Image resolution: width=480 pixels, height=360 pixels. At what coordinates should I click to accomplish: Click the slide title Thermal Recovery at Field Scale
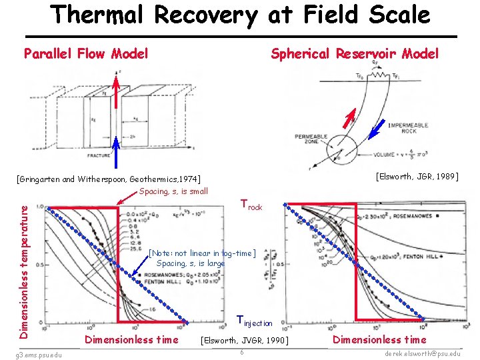pyautogui.click(x=240, y=15)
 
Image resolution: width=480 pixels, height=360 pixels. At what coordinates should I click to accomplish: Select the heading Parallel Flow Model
pyautogui.click(x=86, y=53)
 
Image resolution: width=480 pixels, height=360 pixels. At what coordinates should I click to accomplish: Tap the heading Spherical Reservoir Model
pyautogui.click(x=355, y=53)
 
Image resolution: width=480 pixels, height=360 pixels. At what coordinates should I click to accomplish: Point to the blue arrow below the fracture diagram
pyautogui.click(x=115, y=153)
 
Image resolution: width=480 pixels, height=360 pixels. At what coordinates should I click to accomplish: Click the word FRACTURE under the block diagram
pyautogui.click(x=99, y=155)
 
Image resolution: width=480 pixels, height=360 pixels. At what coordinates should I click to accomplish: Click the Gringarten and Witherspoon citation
pyautogui.click(x=109, y=179)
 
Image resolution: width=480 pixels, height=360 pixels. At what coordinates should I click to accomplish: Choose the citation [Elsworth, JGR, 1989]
pyautogui.click(x=417, y=177)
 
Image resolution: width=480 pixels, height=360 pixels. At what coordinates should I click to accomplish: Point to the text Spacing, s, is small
pyautogui.click(x=174, y=191)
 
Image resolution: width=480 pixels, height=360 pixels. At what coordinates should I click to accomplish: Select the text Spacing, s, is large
pyautogui.click(x=191, y=263)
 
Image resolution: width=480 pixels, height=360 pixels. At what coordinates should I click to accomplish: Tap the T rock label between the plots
pyautogui.click(x=251, y=205)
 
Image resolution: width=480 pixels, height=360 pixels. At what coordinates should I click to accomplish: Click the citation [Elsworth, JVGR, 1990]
pyautogui.click(x=245, y=341)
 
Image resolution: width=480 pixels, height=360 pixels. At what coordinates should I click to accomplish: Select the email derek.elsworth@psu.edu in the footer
pyautogui.click(x=423, y=353)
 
